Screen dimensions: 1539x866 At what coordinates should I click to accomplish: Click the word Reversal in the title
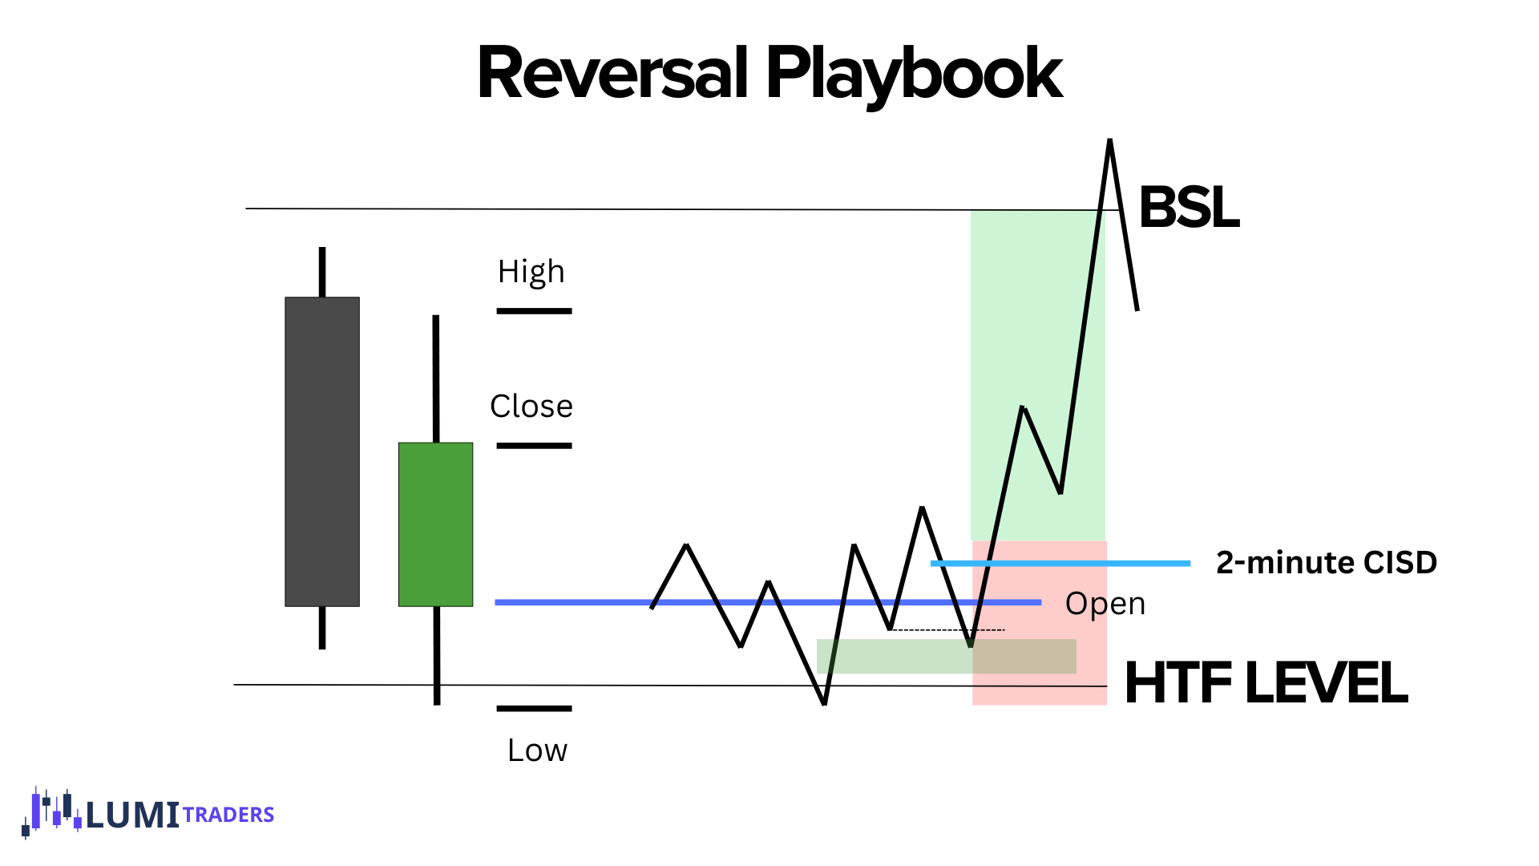coord(612,74)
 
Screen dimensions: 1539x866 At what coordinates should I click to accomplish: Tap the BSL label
coord(1189,208)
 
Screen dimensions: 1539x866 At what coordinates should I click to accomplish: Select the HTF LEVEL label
coord(1266,683)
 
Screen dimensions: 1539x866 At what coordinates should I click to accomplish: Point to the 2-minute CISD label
coord(1326,563)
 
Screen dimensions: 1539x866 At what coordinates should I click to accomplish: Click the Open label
coord(1105,604)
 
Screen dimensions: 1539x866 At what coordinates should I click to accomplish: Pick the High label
coord(531,273)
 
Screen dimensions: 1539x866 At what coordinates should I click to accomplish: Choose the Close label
coord(531,407)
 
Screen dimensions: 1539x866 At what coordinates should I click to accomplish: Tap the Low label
coord(537,751)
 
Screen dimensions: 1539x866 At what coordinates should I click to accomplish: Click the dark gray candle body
coord(322,451)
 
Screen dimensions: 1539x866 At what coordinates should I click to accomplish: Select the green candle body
coord(436,524)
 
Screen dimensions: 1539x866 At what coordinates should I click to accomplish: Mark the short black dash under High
coord(534,311)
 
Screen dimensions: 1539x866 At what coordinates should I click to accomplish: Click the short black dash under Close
coord(534,446)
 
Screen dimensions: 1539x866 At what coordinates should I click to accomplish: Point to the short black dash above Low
coord(534,709)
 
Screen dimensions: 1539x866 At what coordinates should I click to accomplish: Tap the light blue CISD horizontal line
coord(1060,564)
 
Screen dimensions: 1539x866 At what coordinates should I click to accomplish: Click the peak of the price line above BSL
coord(1110,140)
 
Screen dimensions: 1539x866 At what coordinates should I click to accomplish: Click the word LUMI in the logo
coord(132,815)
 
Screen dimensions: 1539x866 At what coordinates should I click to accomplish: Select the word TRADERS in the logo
coord(228,815)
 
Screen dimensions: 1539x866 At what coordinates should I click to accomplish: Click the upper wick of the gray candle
coord(322,273)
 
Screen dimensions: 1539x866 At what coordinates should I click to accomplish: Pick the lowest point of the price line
coord(825,704)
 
